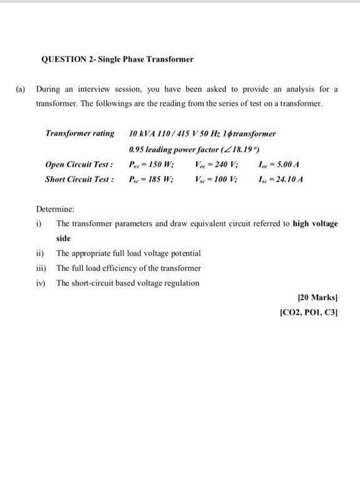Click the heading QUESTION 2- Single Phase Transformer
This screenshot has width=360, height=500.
(x=117, y=60)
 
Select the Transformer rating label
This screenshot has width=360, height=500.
(x=80, y=133)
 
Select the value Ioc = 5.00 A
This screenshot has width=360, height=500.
(x=280, y=165)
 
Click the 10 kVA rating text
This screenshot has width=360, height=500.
(x=140, y=133)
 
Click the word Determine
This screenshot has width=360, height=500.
(x=56, y=208)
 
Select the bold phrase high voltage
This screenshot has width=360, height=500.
(x=315, y=223)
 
